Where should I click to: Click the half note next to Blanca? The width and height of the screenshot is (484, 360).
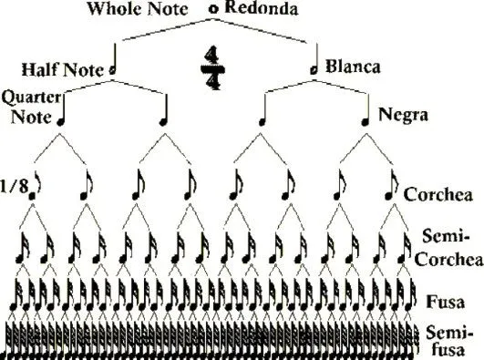tap(314, 66)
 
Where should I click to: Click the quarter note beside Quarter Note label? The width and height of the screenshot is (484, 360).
tap(63, 113)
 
